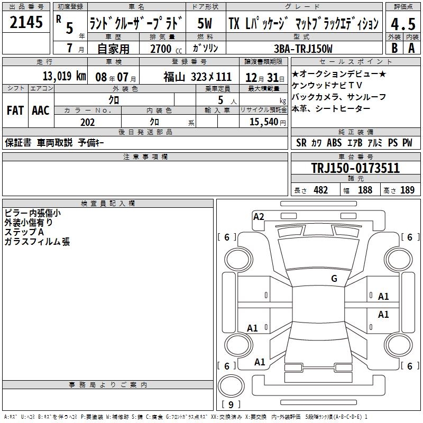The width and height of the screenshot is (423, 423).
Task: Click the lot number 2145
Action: [x=26, y=22]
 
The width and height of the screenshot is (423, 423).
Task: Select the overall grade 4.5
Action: [x=403, y=24]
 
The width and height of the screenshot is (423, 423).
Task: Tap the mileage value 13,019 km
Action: [x=64, y=76]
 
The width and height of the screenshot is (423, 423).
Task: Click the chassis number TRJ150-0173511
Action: [x=355, y=168]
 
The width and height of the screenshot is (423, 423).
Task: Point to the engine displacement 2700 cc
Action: [x=166, y=49]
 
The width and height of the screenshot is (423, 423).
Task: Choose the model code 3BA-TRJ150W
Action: [x=303, y=49]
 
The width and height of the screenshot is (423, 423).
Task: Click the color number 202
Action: [x=87, y=122]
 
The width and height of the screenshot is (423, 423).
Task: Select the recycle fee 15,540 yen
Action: [x=268, y=122]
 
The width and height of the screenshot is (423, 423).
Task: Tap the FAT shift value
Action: [x=15, y=111]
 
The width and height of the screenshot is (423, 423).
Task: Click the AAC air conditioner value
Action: [x=41, y=111]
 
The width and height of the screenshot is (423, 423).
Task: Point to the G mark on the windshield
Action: [x=334, y=278]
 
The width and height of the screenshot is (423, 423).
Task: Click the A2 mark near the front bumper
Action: [x=259, y=217]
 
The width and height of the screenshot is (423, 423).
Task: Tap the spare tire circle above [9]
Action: [x=231, y=385]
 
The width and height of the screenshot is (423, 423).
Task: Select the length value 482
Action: [x=321, y=190]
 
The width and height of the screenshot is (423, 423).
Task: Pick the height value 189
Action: [x=407, y=190]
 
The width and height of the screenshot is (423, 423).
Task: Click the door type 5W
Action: [x=205, y=23]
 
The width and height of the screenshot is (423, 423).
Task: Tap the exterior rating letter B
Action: [x=394, y=48]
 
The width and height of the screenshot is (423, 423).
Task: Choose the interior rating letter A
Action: [x=411, y=48]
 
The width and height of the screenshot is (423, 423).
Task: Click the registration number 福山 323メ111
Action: [x=197, y=77]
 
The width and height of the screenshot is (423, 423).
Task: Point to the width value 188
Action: [x=365, y=190]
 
